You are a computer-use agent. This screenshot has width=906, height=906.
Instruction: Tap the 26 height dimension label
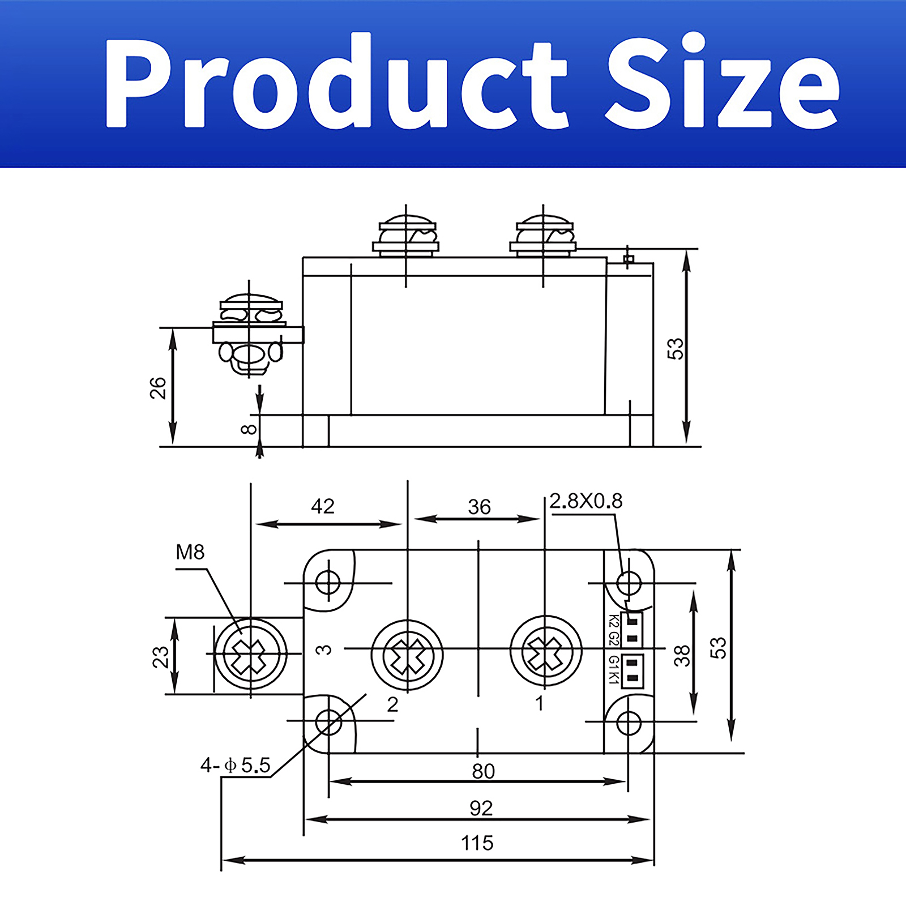158,388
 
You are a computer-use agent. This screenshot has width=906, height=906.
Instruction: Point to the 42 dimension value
323,506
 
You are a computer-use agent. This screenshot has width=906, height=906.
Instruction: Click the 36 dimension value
479,507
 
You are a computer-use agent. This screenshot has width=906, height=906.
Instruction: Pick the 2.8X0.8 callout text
586,501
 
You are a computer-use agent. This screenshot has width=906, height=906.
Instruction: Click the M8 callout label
190,552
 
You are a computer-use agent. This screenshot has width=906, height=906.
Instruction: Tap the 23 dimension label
161,657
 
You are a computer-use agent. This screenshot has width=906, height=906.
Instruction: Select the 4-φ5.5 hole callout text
235,766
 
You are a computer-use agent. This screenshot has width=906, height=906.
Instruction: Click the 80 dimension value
483,771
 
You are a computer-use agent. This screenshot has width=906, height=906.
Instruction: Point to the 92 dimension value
481,807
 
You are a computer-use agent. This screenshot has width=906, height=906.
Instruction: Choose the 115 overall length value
477,843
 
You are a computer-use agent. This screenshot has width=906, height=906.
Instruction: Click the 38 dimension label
682,655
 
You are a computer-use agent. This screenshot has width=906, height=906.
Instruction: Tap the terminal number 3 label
323,649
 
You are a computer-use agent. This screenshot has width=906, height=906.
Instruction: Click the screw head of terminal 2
407,655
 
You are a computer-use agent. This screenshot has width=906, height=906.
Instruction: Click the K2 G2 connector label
613,629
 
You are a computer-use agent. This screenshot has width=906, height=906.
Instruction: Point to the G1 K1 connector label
613,670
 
